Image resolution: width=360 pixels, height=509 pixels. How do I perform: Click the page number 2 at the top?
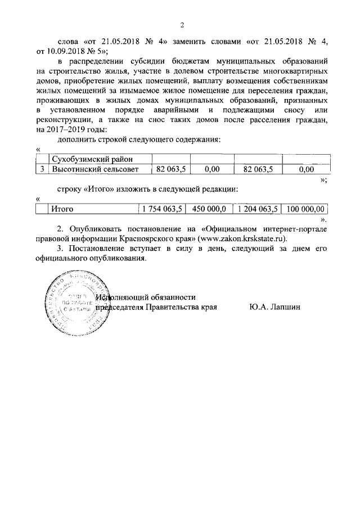click(x=182, y=25)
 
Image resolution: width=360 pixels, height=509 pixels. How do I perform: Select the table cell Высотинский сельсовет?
click(x=93, y=168)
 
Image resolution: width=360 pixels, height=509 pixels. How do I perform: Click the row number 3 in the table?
click(x=42, y=168)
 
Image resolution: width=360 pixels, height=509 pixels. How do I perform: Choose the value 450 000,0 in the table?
click(x=209, y=209)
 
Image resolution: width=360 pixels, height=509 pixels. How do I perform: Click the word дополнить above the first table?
click(x=78, y=139)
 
